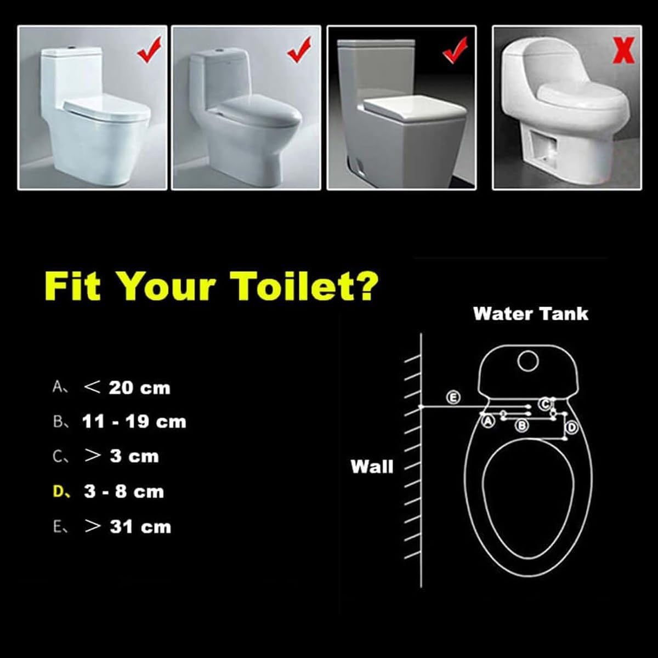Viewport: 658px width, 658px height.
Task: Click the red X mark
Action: [623, 50]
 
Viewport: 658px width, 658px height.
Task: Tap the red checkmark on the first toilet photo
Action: [149, 50]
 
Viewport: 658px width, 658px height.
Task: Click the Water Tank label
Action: [531, 314]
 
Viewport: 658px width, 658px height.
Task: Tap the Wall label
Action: [372, 467]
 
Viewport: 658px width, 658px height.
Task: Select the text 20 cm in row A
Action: [139, 388]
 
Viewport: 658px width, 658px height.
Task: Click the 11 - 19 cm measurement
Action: [134, 422]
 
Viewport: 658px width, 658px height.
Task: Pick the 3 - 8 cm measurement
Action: [124, 492]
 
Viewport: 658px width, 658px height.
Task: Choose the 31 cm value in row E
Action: [140, 526]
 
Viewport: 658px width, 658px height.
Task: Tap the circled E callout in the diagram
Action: [453, 398]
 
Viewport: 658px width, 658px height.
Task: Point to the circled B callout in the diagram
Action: [522, 425]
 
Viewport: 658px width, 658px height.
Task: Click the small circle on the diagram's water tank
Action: [527, 361]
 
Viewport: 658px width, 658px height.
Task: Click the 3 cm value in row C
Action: [134, 457]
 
